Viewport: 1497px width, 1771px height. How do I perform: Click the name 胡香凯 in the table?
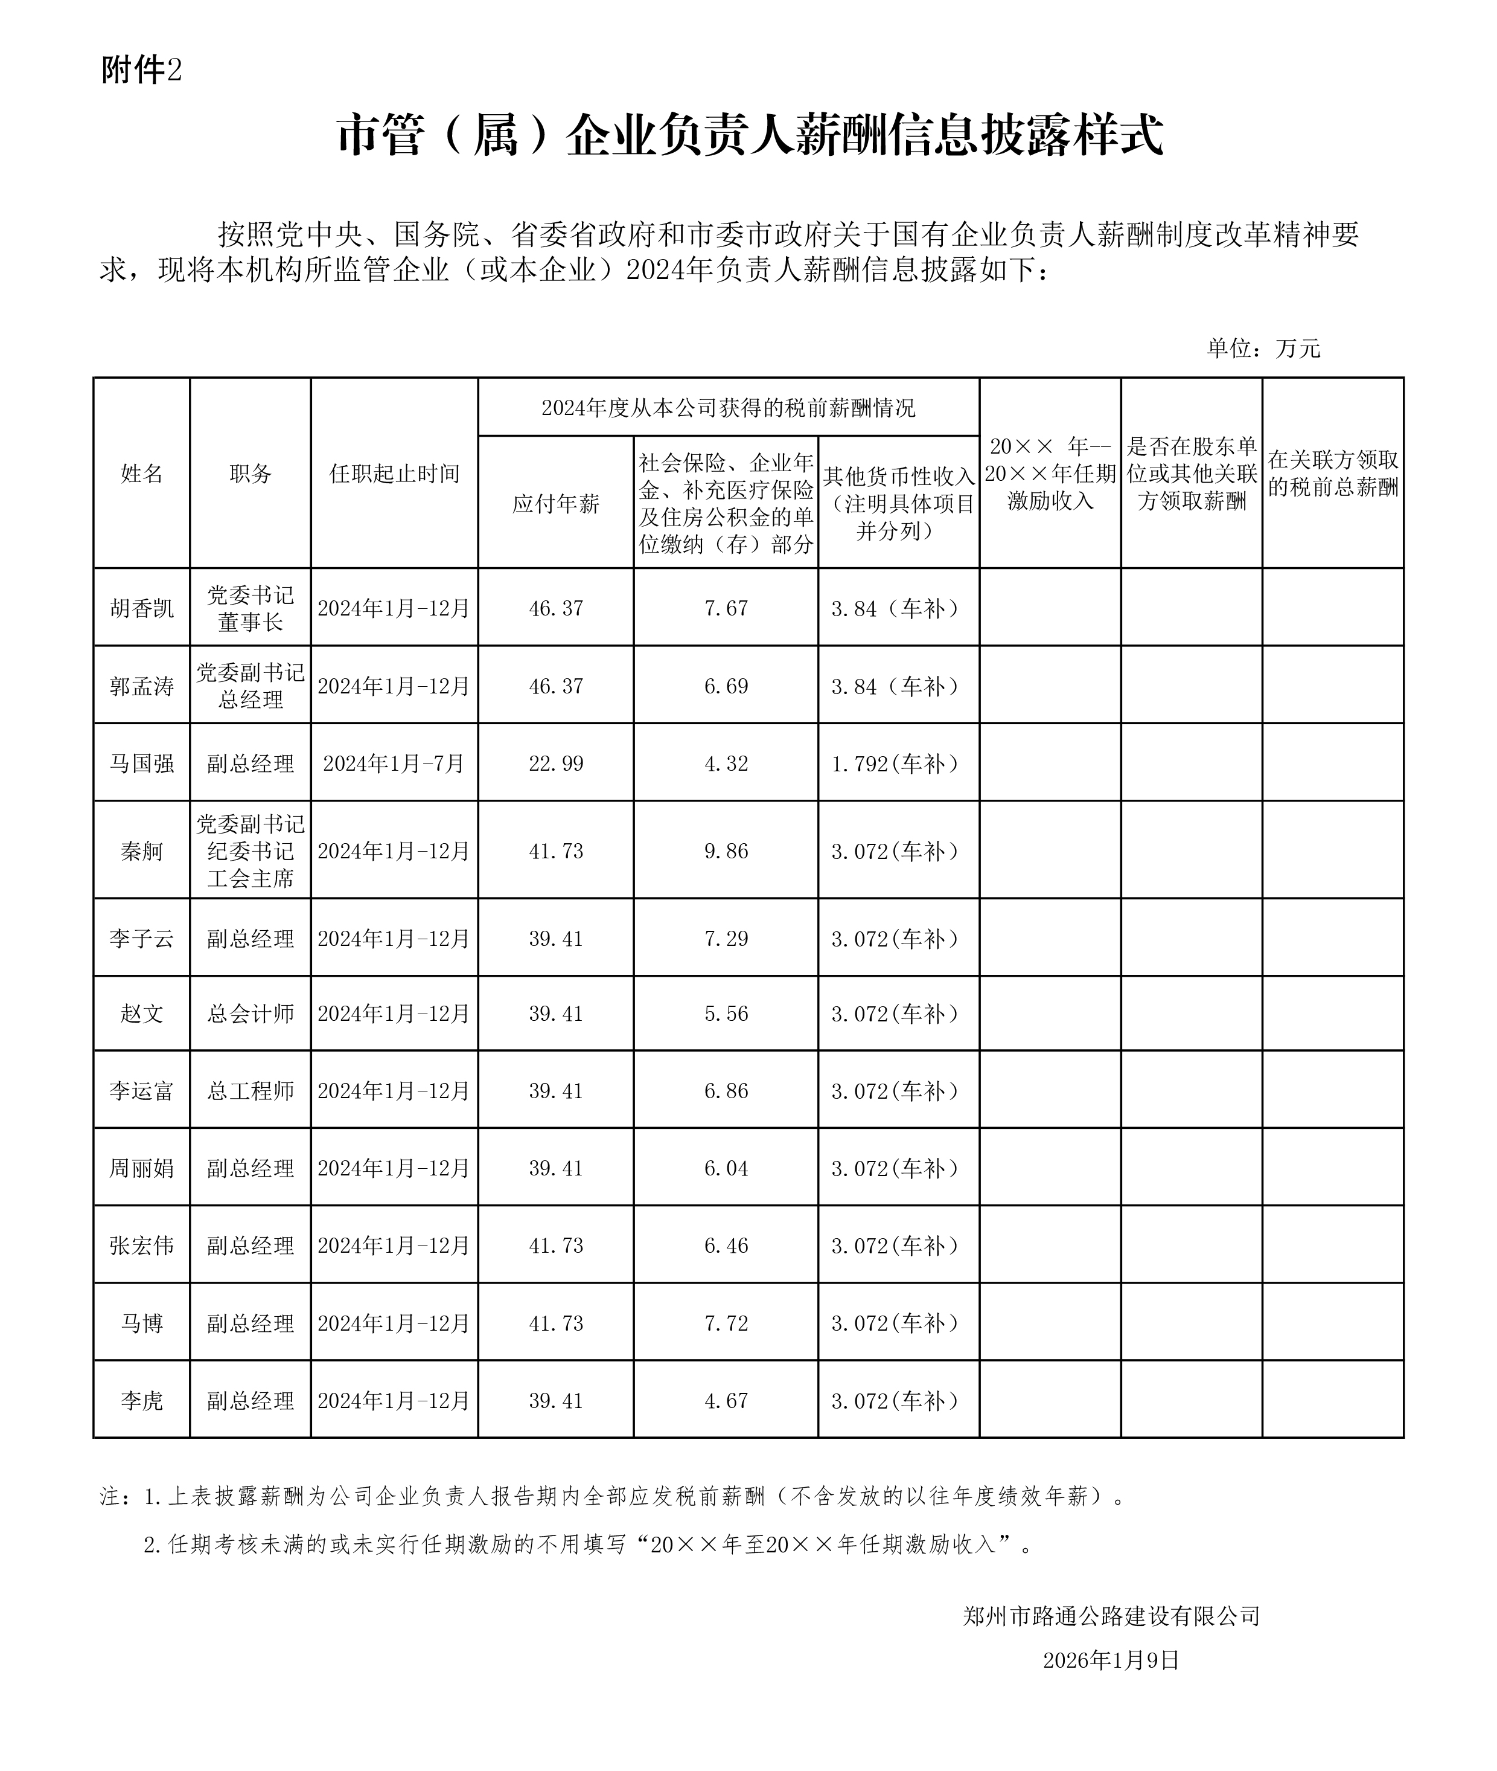pyautogui.click(x=142, y=609)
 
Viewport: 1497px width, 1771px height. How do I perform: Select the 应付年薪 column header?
pyautogui.click(x=556, y=504)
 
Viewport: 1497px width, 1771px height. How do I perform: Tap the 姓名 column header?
pyautogui.click(x=142, y=474)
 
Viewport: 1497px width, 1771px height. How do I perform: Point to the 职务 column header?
pyautogui.click(x=251, y=474)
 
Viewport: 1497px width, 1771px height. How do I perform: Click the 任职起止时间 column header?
pyautogui.click(x=395, y=474)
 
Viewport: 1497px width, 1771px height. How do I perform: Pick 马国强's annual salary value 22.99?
pyautogui.click(x=556, y=764)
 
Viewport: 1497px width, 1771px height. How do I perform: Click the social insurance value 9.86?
pyautogui.click(x=726, y=852)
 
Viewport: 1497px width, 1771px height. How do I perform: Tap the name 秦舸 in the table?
pyautogui.click(x=142, y=852)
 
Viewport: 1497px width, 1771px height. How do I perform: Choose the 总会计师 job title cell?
pyautogui.click(x=251, y=1014)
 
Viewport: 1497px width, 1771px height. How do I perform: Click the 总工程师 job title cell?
pyautogui.click(x=251, y=1091)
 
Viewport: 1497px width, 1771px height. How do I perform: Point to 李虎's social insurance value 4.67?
pyautogui.click(x=726, y=1401)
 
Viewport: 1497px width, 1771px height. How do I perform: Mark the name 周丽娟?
pyautogui.click(x=142, y=1168)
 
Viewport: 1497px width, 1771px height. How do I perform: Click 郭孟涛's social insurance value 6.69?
pyautogui.click(x=726, y=687)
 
